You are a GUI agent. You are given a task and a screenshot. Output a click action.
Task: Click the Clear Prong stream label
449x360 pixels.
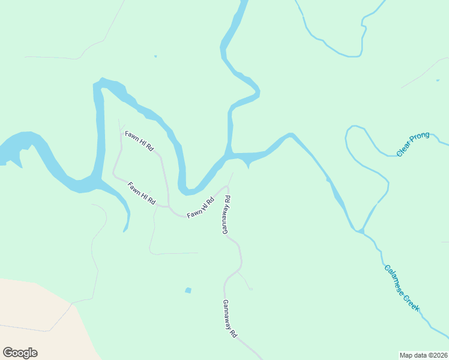(x=413, y=145)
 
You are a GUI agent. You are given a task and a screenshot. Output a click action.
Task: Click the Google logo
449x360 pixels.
(x=20, y=353)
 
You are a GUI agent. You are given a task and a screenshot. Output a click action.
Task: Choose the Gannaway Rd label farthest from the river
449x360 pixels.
(x=230, y=318)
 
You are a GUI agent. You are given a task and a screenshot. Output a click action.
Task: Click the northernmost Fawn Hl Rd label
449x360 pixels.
(x=139, y=140)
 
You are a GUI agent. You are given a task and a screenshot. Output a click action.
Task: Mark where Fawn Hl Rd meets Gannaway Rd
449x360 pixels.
(x=228, y=187)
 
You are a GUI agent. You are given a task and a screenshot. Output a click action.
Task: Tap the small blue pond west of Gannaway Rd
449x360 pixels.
(x=188, y=290)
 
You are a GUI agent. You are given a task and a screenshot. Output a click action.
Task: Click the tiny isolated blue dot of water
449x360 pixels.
(x=155, y=56)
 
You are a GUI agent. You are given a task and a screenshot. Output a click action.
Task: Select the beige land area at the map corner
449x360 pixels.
(x=30, y=318)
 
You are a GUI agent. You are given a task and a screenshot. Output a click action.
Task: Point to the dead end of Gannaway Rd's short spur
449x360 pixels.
(x=251, y=289)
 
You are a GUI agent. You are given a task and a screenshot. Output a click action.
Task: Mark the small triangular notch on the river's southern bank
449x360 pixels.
(x=248, y=164)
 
